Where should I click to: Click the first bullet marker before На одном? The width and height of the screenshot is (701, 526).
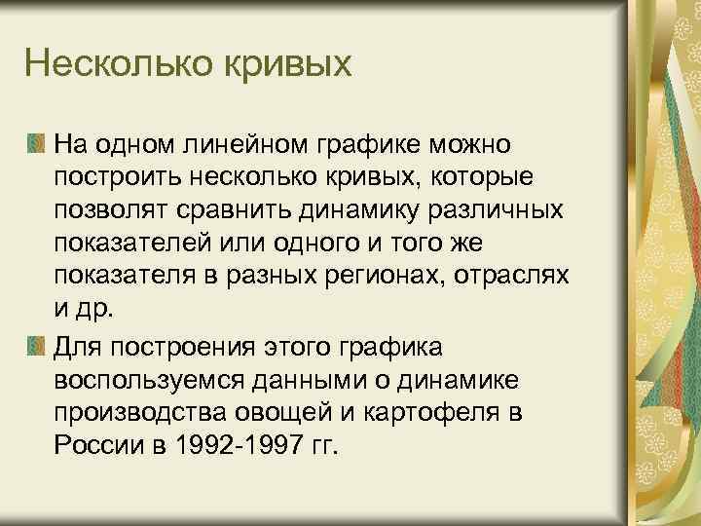pos(36,146)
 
